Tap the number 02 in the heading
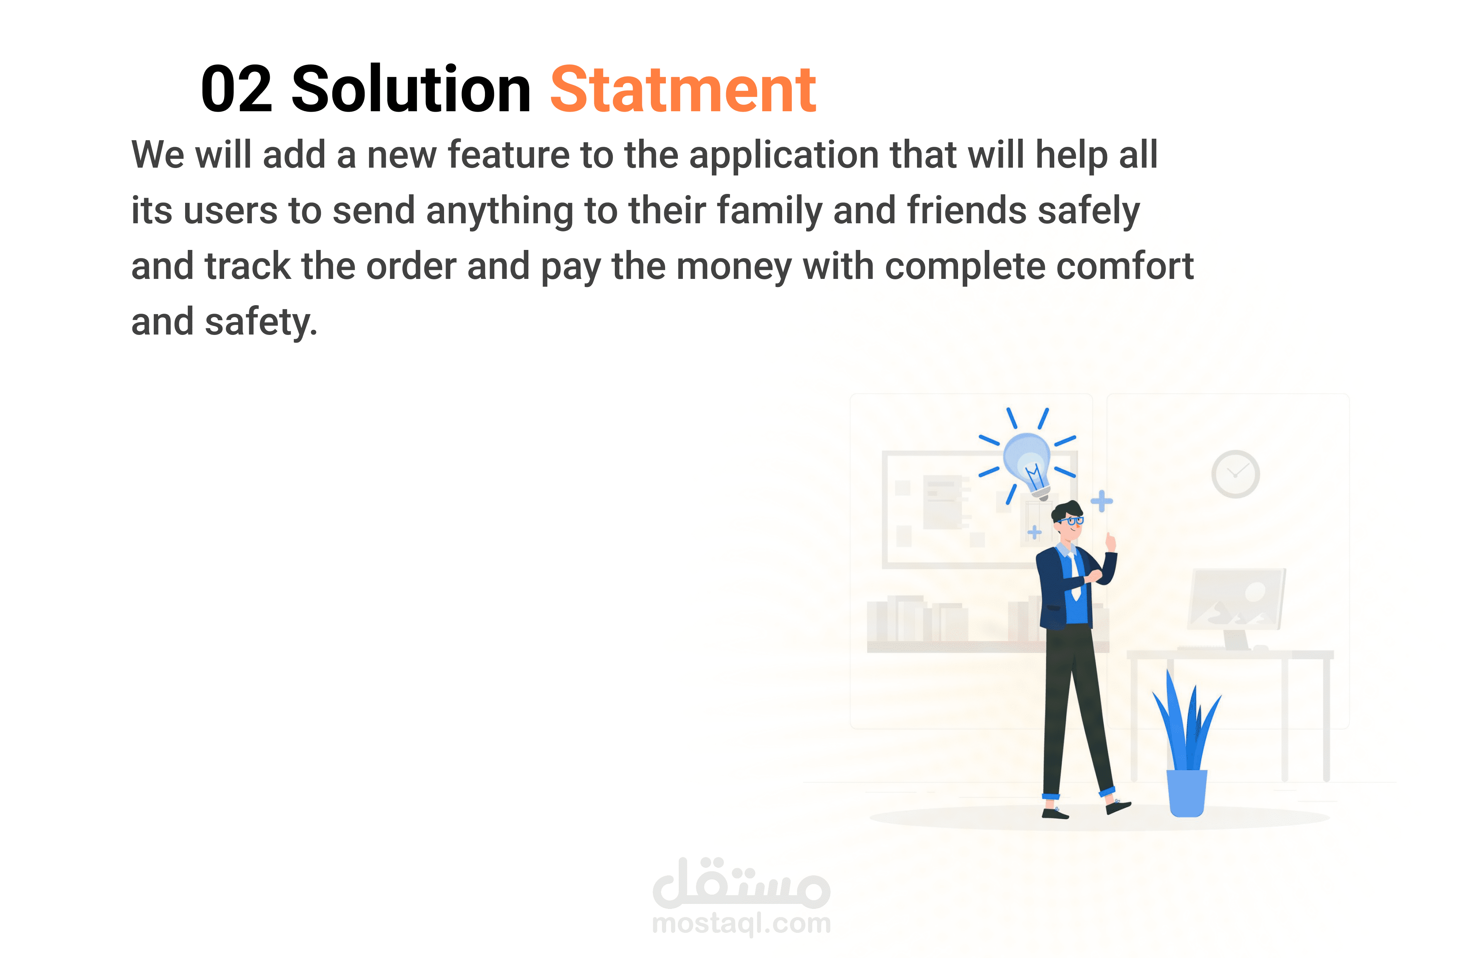point(237,90)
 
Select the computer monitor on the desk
point(1236,600)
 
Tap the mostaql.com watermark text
point(742,923)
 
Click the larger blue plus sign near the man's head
point(1101,501)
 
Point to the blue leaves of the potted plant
point(1186,722)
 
